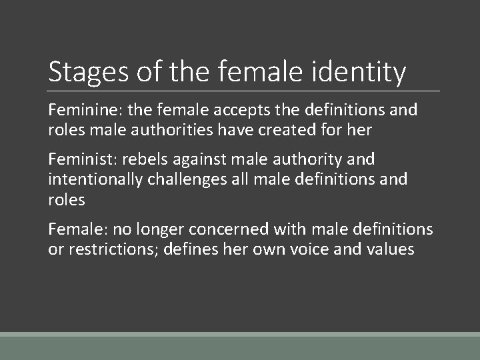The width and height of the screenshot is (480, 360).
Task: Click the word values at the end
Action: tap(391, 250)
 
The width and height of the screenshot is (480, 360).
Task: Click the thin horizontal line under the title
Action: tap(244, 91)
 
